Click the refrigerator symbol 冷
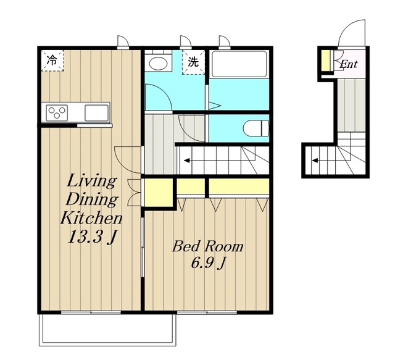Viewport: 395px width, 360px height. (52, 61)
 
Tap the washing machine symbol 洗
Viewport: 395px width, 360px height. (193, 62)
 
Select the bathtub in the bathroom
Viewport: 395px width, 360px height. (239, 64)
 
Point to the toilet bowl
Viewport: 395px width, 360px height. (256, 128)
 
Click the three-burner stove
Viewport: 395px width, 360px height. (57, 112)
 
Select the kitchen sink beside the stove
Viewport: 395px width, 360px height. (97, 112)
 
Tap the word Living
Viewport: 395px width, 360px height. (92, 181)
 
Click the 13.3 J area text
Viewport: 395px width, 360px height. (93, 237)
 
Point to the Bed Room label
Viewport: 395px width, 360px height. (208, 246)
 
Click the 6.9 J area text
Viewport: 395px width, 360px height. (208, 263)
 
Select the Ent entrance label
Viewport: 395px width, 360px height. (348, 64)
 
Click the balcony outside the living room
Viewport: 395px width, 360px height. (107, 329)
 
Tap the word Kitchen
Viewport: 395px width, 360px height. (92, 218)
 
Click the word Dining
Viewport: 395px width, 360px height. (92, 199)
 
